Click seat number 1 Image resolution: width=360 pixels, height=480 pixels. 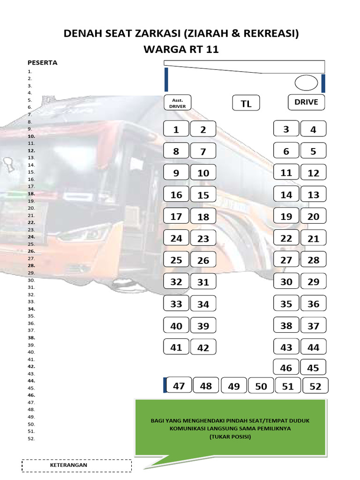tap(176, 130)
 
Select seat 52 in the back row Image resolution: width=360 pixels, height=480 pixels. tap(315, 386)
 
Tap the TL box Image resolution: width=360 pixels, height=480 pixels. tap(246, 104)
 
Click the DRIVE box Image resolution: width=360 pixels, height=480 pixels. tap(306, 102)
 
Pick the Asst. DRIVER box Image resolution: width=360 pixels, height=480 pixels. tap(178, 103)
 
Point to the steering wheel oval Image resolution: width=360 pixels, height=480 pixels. tap(306, 83)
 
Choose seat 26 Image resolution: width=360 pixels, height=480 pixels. tap(203, 261)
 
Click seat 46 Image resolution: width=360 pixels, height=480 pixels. tap(286, 368)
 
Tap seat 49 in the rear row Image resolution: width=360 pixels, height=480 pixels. tap(233, 386)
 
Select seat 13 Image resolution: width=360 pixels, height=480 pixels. tap(313, 195)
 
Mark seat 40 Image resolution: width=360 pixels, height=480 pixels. tap(176, 326)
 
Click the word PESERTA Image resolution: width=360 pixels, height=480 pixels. tap(42, 62)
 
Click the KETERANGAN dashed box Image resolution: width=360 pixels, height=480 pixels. tap(77, 465)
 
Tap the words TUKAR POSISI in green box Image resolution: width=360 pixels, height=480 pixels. tap(230, 437)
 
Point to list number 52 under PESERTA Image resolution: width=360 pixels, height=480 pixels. tap(31, 439)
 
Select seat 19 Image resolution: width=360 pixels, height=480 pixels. tap(286, 217)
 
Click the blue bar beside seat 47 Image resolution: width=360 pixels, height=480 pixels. tap(165, 384)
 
